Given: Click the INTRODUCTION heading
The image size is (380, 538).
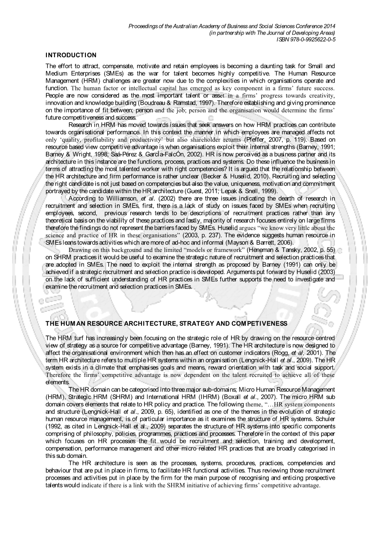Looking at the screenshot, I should point(71,55).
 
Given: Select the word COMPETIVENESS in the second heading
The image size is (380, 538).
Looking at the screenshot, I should point(260,323).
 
